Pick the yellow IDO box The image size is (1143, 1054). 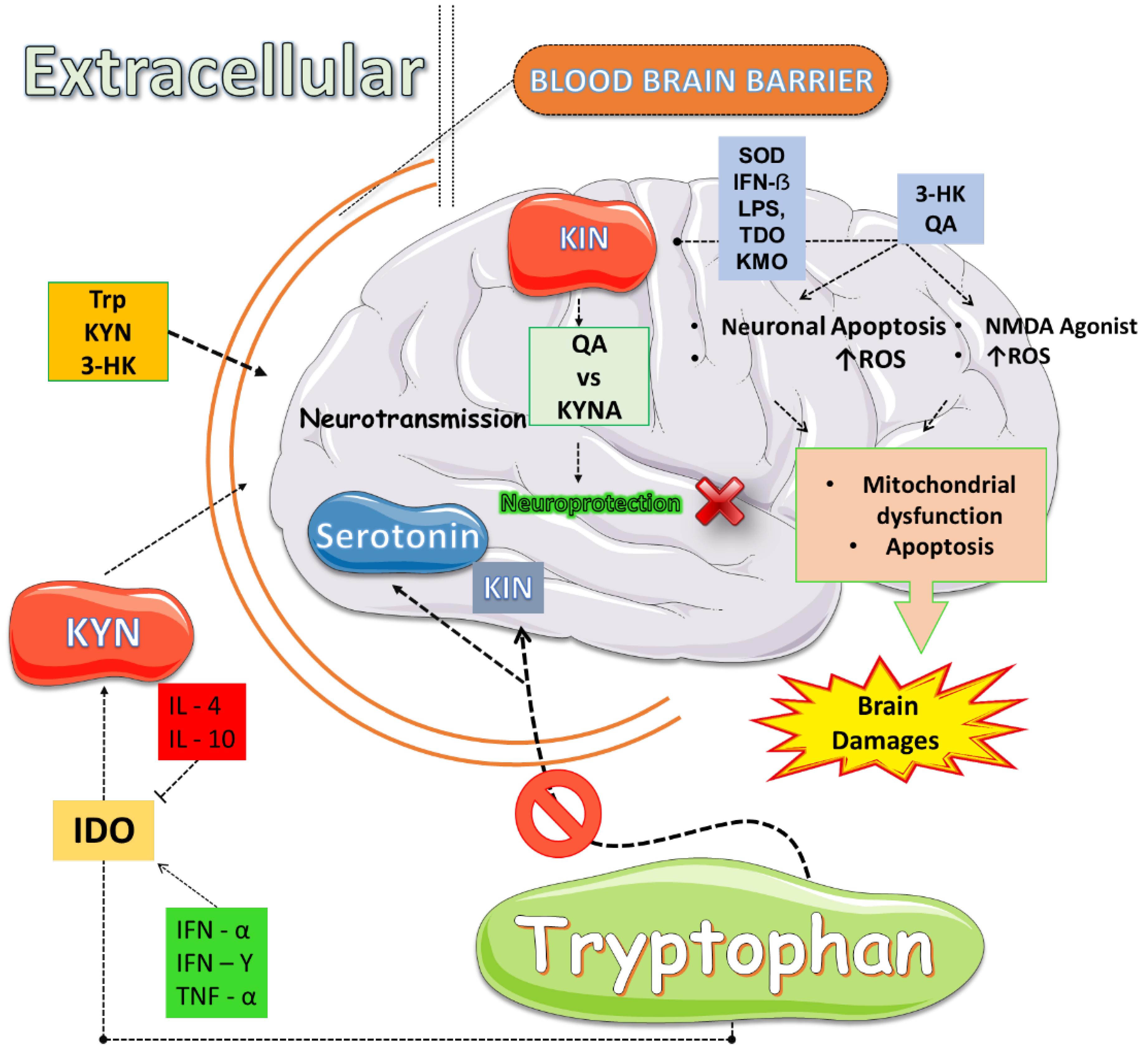[x=103, y=830]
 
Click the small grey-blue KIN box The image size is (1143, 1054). [x=507, y=588]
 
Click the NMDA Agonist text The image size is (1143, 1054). [x=1060, y=326]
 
